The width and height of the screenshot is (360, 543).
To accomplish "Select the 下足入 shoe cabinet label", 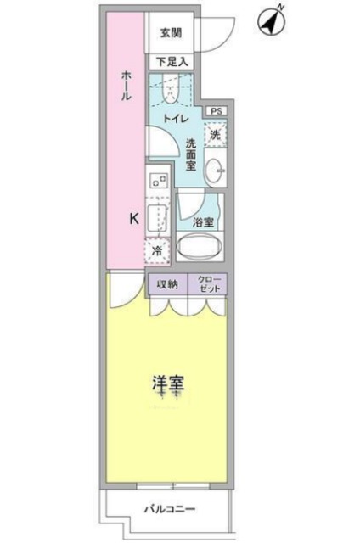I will click(x=172, y=62).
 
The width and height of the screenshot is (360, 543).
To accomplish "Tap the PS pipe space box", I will click(x=216, y=110).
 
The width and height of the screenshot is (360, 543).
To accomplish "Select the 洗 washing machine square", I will click(x=216, y=134).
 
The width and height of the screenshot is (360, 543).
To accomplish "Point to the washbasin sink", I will click(x=216, y=171).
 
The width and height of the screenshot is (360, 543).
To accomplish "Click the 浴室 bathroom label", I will click(x=202, y=221).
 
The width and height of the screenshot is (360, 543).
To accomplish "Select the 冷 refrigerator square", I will click(x=157, y=250).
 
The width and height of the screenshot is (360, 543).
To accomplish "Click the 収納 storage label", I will click(x=166, y=284).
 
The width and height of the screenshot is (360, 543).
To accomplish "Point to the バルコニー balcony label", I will click(x=168, y=511).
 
